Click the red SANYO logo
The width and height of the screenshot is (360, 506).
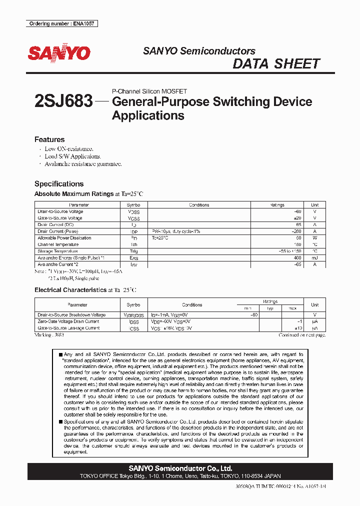coord(59,53)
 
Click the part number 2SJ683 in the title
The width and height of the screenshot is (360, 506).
coord(63,102)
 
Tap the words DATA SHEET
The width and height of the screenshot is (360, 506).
coord(276,63)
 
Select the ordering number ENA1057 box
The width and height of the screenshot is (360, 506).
coord(61,23)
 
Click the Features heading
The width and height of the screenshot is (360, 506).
coord(49,139)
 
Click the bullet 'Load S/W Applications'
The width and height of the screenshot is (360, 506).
coord(72,156)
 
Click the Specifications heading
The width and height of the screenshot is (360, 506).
coord(59,183)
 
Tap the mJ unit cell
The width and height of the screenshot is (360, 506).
coord(314,257)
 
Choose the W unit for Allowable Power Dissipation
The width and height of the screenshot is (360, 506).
coord(314,238)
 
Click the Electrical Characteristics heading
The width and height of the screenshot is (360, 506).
coord(70,290)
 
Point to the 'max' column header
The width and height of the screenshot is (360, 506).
coord(292,308)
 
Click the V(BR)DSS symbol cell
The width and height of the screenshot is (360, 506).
coord(133,315)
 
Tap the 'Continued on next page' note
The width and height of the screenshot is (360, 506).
coord(302,335)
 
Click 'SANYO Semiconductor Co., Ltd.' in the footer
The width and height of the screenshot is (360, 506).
coord(180,468)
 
